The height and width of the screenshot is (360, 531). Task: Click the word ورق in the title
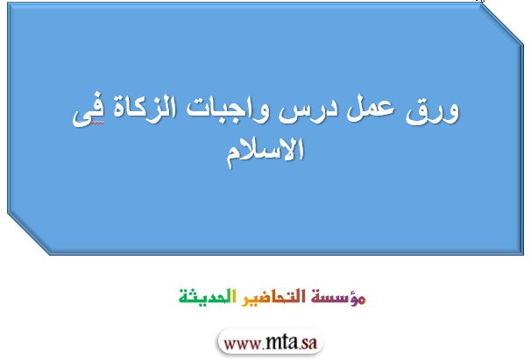(x=433, y=110)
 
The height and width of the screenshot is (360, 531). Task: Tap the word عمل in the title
(x=370, y=109)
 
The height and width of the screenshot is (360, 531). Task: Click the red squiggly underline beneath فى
(x=97, y=124)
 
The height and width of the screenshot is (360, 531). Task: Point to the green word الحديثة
(x=208, y=296)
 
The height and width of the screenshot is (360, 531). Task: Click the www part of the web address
(x=243, y=344)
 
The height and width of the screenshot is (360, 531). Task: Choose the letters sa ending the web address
(x=308, y=343)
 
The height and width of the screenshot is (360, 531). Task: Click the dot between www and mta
(x=263, y=348)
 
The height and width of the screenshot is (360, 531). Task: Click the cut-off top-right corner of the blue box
(x=501, y=25)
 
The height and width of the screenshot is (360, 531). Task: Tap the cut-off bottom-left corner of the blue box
(x=29, y=233)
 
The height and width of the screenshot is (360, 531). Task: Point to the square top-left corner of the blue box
(x=8, y=4)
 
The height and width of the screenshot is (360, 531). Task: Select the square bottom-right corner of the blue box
(x=522, y=254)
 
